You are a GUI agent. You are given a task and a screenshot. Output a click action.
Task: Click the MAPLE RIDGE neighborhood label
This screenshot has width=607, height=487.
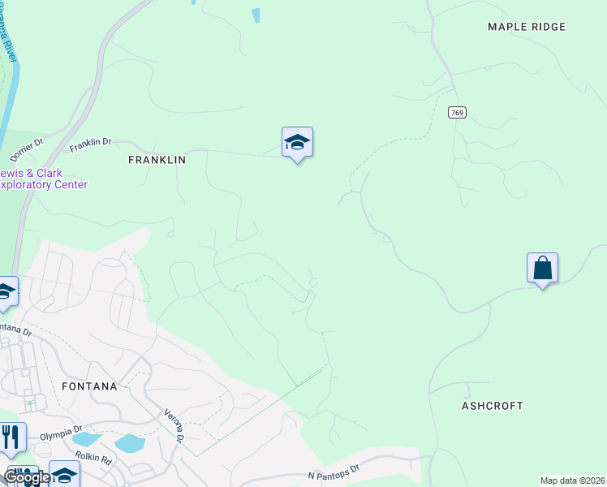pyautogui.click(x=526, y=27)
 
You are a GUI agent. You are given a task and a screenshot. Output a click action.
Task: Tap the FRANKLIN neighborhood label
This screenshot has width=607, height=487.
pyautogui.click(x=157, y=160)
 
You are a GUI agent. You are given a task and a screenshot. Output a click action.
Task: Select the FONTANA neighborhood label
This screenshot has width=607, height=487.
pyautogui.click(x=89, y=386)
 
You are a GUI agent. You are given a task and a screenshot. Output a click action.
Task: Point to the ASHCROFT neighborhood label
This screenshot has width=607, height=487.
pyautogui.click(x=493, y=405)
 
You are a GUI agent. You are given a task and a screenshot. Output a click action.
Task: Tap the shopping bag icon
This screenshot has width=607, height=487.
pyautogui.click(x=542, y=268)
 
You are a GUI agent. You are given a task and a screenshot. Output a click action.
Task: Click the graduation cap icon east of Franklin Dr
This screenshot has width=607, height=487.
pyautogui.click(x=297, y=143)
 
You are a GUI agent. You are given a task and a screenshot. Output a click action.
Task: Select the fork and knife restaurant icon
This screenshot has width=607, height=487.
pyautogui.click(x=10, y=438)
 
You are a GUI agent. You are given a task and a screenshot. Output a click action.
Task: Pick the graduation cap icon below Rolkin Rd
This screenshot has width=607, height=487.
pyautogui.click(x=64, y=474)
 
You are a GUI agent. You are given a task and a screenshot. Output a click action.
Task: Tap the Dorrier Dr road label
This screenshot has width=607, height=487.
pyautogui.click(x=26, y=148)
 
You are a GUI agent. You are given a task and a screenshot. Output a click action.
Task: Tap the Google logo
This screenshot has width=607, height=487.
pyautogui.click(x=26, y=477)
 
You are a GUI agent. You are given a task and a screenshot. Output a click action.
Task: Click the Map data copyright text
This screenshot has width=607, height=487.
pyautogui.click(x=572, y=481)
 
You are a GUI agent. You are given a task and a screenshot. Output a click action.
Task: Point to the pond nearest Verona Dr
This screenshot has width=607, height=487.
pyautogui.click(x=130, y=443)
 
